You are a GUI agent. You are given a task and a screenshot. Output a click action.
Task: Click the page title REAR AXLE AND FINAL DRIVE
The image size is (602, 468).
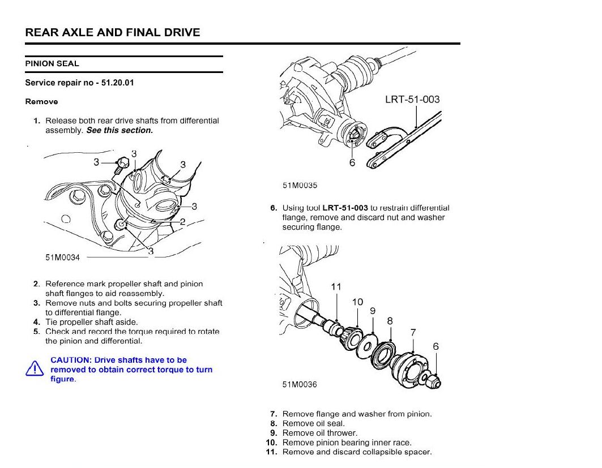[x=113, y=32]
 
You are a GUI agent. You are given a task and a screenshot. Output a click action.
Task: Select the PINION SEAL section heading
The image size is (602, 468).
[x=52, y=64]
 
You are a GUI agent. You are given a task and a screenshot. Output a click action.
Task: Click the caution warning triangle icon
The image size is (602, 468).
[x=35, y=369]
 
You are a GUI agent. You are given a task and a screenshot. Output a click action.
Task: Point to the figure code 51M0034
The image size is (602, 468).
[x=63, y=257]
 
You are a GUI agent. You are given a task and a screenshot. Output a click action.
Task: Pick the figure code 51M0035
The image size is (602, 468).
[x=300, y=185]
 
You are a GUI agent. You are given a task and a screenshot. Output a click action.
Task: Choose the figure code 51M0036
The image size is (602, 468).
[x=300, y=385]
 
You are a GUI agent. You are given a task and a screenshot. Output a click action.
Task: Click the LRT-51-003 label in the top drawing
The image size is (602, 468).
[x=412, y=100]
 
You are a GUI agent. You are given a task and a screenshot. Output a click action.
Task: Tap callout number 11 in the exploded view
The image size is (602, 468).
[x=336, y=287]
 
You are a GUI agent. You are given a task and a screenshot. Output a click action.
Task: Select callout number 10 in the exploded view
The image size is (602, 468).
[x=357, y=302]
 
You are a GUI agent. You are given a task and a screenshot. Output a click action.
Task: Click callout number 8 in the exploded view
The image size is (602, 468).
[x=390, y=321]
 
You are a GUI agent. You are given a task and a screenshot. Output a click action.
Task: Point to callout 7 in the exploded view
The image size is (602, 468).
[x=413, y=333]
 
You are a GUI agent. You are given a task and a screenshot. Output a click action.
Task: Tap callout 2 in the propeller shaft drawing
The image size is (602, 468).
[x=182, y=221]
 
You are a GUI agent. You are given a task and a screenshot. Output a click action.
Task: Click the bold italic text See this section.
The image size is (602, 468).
[x=119, y=130]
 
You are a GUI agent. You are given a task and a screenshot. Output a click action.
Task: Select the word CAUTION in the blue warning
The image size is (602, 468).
[x=70, y=360]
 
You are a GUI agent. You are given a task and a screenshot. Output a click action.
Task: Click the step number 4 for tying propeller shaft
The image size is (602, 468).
[x=36, y=322]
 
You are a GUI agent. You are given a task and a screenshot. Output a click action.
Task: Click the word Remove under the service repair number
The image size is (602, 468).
[x=41, y=102]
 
